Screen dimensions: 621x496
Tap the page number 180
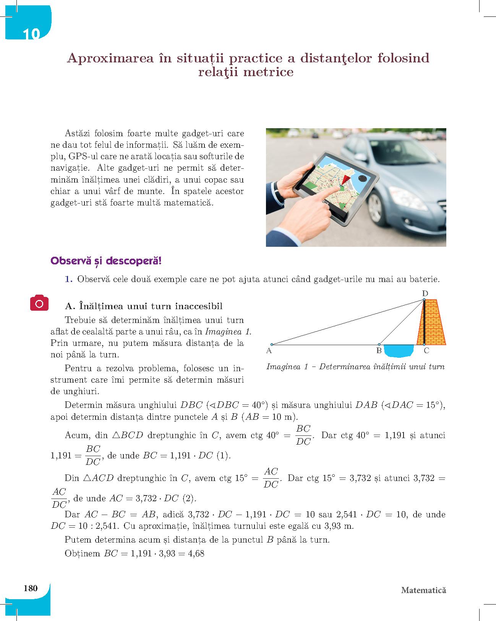tap(31, 588)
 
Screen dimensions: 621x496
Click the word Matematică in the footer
tap(423, 590)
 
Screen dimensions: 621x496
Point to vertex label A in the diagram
tap(269, 350)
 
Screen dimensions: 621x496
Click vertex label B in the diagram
tap(379, 350)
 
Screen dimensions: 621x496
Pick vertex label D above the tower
tap(425, 293)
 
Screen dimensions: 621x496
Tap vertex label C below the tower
tap(426, 350)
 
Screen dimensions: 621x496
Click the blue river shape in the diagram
tap(398, 350)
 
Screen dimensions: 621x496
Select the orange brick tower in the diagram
tap(436, 323)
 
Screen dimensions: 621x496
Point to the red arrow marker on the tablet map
tap(345, 180)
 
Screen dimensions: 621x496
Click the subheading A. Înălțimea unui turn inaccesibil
tap(144, 306)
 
